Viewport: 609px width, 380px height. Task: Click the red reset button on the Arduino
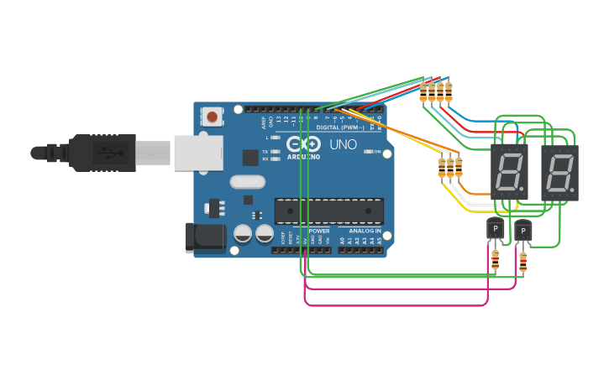213,117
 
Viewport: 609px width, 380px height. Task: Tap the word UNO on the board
344,145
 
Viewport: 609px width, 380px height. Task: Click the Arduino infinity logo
303,143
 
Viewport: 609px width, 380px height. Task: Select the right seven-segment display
560,172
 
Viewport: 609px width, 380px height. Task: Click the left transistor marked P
496,227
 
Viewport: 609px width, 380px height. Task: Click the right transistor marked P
522,229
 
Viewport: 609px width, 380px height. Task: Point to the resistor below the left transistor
495,260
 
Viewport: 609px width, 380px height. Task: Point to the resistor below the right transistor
522,263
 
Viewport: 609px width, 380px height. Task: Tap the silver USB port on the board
199,154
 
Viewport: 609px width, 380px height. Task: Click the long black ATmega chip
329,211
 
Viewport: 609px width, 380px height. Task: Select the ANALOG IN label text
360,231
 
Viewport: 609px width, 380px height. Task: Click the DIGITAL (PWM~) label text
339,128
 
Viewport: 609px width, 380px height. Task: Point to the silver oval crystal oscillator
247,182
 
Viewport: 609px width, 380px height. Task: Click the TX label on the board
265,152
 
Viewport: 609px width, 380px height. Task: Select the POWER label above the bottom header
319,231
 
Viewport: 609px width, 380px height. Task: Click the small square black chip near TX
250,157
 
